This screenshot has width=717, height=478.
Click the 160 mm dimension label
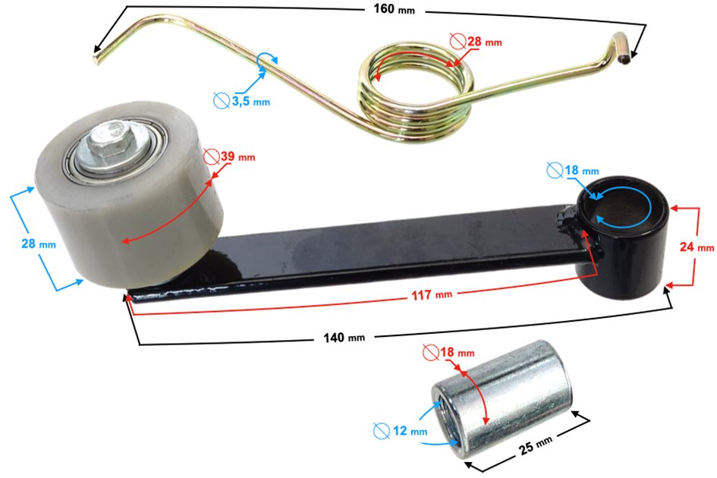[394, 9]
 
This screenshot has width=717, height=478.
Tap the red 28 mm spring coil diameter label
[484, 42]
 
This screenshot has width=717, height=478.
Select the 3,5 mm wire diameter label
[250, 101]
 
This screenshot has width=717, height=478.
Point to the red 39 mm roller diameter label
[237, 157]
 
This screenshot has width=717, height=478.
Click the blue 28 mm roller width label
[39, 244]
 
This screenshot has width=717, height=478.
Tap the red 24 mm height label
[697, 247]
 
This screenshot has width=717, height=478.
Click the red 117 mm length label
[431, 295]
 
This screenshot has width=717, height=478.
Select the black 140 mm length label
[344, 338]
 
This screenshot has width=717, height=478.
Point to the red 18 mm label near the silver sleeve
[457, 352]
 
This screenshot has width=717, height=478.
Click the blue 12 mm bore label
[410, 431]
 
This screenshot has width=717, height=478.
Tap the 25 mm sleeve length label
[536, 445]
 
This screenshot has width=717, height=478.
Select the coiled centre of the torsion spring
[416, 92]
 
